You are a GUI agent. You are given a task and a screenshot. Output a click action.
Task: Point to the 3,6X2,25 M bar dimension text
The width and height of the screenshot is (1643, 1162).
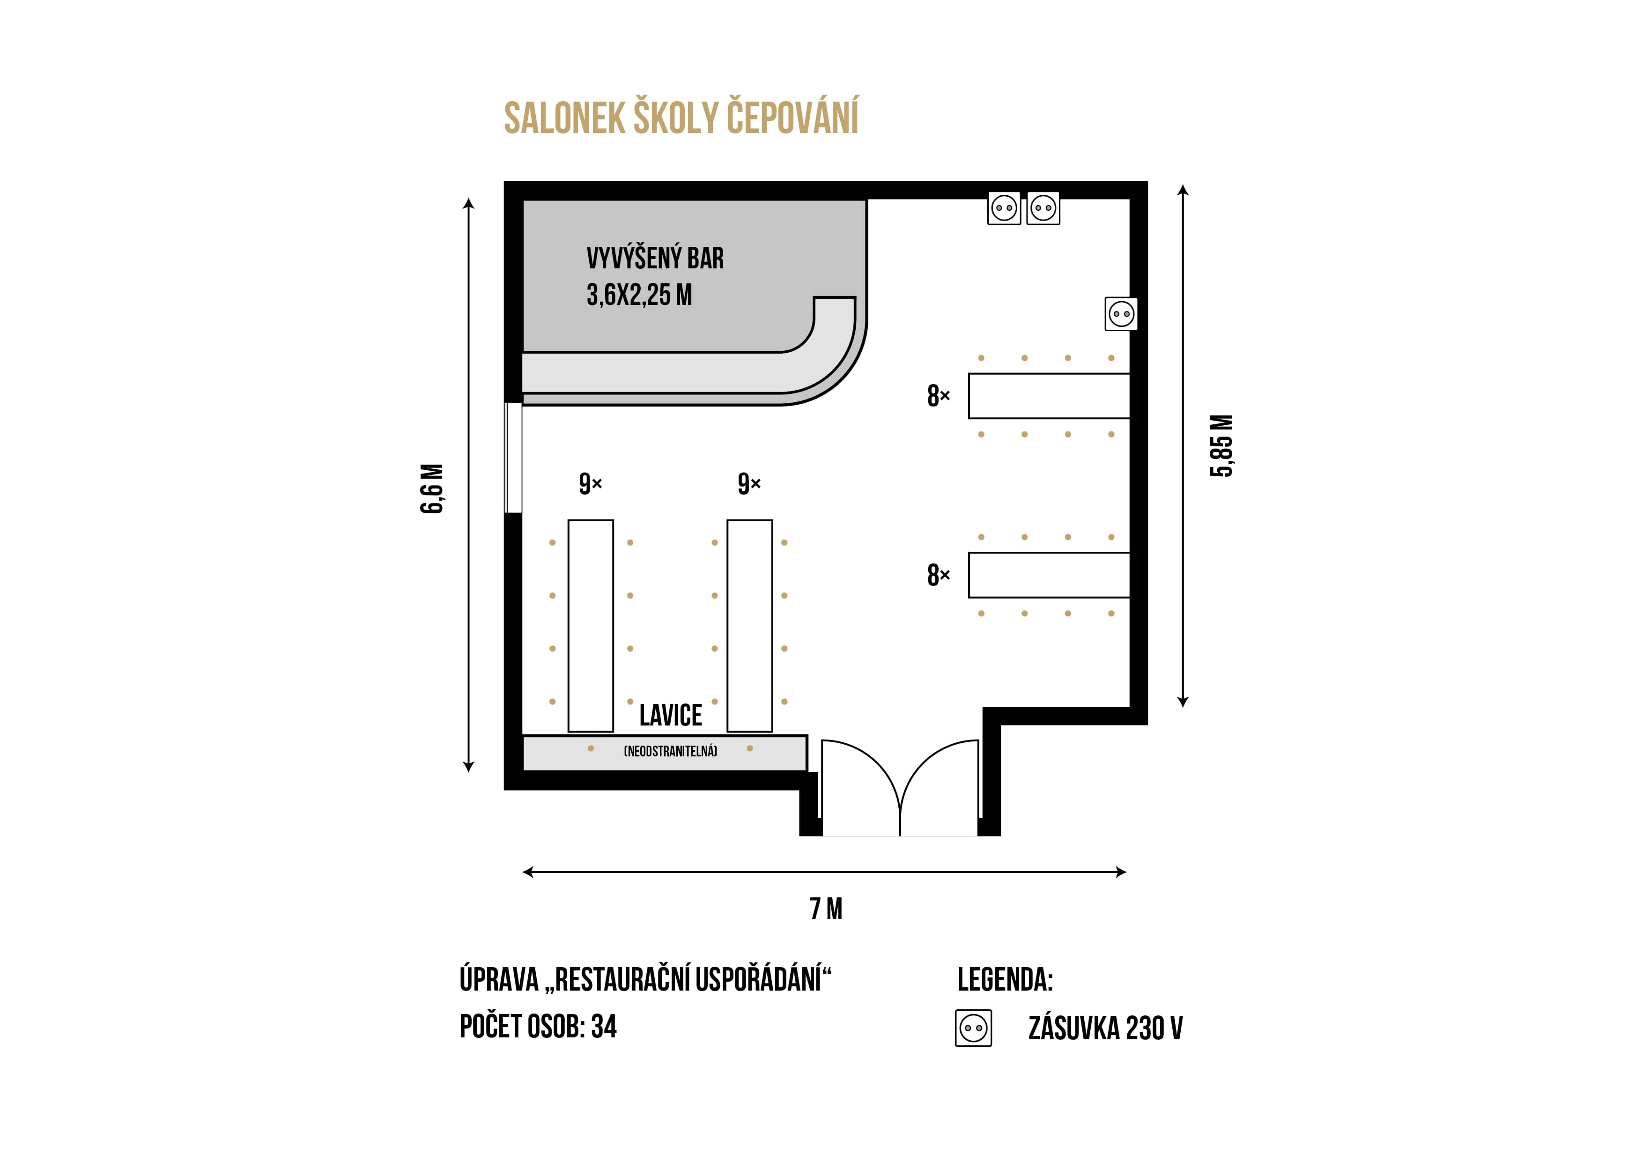coord(639,295)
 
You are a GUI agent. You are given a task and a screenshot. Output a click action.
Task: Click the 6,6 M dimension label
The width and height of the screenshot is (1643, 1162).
coord(431,488)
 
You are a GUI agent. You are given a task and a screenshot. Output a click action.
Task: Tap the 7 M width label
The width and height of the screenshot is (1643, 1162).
coord(826,909)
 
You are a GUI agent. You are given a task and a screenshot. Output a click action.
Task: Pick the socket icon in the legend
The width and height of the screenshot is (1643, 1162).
coord(973,1028)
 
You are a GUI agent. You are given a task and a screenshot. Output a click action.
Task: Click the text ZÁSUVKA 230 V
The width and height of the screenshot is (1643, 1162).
coord(1106,1028)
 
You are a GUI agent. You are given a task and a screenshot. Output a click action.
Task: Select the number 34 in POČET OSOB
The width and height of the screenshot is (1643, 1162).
coord(604,1027)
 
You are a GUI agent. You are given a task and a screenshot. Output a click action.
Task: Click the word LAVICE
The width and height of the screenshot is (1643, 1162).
coord(671,715)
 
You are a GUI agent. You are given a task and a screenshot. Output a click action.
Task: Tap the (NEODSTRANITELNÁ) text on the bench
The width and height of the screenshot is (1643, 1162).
coord(671,751)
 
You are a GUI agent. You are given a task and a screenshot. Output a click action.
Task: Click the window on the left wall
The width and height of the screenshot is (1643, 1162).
coord(513,458)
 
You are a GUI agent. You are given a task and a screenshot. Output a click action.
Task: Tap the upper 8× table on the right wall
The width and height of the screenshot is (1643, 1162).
coord(1049,396)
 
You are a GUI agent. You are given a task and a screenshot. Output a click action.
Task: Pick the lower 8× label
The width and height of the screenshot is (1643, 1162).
coord(938,575)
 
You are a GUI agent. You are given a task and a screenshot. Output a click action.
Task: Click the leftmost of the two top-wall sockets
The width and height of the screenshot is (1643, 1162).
coord(1004,208)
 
